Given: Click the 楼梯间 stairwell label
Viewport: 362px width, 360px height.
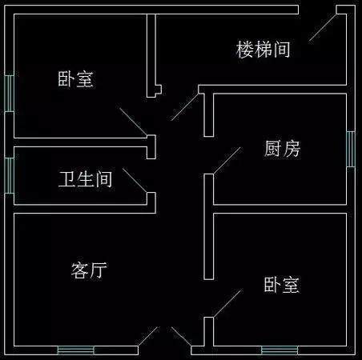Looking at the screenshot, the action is coord(263,50).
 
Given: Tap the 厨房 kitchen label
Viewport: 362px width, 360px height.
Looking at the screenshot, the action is coord(283,148).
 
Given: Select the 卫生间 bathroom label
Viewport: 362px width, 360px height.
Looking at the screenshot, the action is coord(86,179).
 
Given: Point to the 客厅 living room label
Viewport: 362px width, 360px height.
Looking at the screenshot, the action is coord(89,270).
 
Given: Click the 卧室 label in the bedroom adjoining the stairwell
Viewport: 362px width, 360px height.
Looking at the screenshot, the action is coord(76,79).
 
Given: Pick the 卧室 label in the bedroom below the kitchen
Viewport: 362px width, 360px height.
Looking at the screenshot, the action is coord(282,285).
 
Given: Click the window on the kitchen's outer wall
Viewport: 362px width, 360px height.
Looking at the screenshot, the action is coord(351,149).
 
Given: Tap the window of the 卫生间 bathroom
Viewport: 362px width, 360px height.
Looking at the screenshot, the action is coord(10,176).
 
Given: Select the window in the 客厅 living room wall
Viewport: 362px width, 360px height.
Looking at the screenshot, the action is coord(76,350).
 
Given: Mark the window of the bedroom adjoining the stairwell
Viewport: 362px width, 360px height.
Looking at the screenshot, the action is coord(10,94).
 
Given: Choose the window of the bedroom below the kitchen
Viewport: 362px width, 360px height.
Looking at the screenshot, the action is coord(280,350).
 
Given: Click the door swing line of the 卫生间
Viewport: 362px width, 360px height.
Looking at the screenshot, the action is coord(135,181).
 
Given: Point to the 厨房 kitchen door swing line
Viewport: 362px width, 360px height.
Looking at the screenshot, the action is coord(227,161).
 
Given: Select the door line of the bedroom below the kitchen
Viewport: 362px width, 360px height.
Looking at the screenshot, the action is coord(227,304).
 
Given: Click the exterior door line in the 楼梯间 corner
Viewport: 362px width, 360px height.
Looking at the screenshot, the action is coord(323,27).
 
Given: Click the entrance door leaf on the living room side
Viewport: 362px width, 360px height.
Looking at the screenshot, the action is coord(148,337).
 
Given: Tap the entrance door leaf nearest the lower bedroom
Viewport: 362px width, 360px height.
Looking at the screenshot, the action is coord(182,337).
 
